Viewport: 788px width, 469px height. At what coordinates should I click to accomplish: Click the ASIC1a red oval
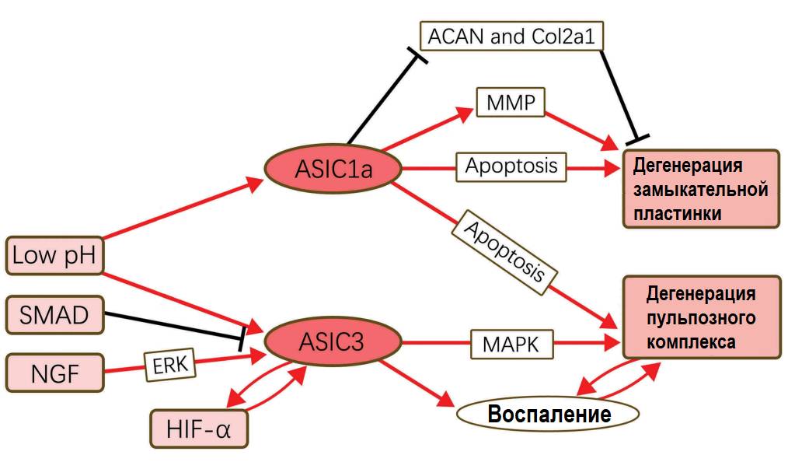pos(333,167)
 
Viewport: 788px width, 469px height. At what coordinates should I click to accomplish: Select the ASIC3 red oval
pos(333,341)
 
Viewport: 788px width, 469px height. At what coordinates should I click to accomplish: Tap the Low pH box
pos(54,256)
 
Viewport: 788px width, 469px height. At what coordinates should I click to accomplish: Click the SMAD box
pos(54,315)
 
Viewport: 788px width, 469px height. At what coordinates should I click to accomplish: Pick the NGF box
pos(54,372)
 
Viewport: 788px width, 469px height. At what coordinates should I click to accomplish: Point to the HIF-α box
pos(199,427)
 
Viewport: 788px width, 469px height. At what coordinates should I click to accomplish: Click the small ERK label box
pos(169,362)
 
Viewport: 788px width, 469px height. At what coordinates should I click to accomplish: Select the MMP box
pos(511,103)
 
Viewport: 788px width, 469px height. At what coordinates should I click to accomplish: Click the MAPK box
pos(510,343)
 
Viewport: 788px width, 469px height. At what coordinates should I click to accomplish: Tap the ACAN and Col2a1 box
pos(512,36)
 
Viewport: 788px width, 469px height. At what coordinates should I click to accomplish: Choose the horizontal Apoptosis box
pos(511,166)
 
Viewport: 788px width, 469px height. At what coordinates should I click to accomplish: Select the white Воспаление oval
pos(548,415)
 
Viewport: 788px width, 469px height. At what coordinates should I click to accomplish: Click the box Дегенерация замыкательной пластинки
pos(700,189)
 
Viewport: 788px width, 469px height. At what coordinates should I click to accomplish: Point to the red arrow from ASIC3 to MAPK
pos(435,341)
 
